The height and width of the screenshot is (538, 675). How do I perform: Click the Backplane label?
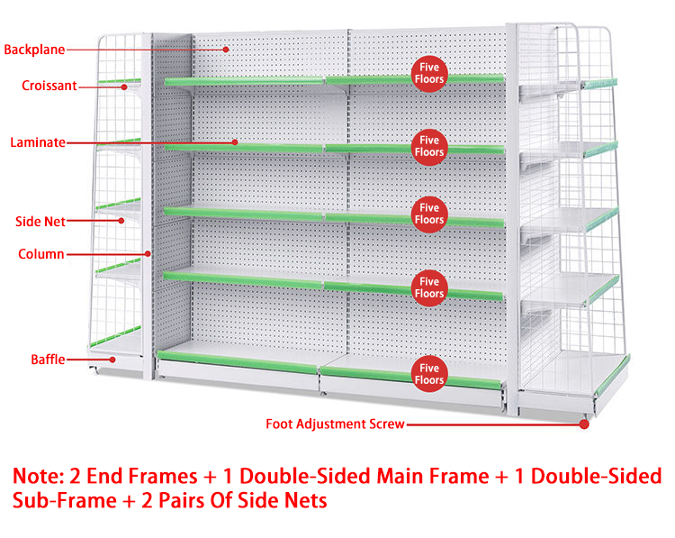pos(34,50)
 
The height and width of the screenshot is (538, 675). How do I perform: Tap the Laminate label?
pos(38,142)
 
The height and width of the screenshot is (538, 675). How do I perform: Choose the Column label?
pos(41,254)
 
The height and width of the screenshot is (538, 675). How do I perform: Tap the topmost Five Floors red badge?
pos(429,73)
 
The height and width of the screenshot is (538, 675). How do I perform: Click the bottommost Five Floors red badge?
pos(429,374)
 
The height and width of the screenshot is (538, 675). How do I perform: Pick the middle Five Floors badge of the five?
pos(429,214)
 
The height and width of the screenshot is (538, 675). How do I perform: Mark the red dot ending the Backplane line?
pos(227,50)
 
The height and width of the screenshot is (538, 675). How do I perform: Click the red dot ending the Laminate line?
pos(235,142)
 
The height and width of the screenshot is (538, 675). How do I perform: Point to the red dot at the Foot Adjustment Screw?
pos(583,424)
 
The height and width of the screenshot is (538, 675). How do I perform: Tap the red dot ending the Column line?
pos(148,253)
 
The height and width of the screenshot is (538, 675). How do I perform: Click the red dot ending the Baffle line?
pos(112,360)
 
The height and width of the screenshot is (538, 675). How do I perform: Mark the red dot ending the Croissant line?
pos(123,87)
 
